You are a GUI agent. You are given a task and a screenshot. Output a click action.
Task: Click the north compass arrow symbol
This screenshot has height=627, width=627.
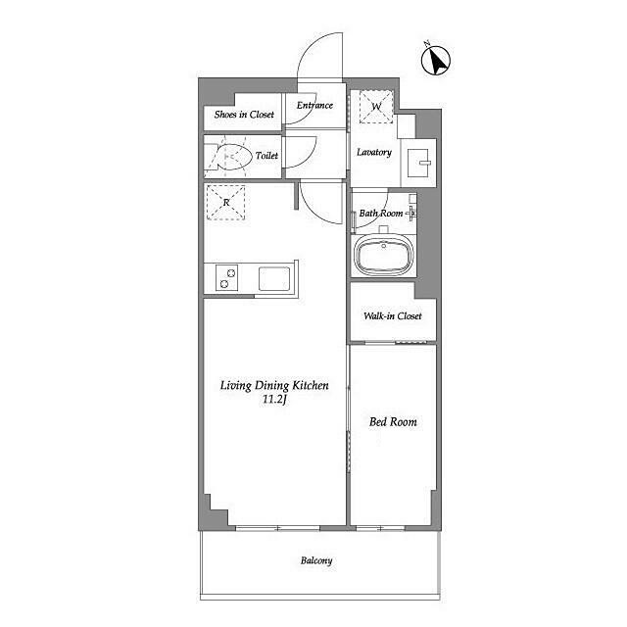click(436, 61)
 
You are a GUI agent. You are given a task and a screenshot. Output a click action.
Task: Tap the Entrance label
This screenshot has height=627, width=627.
click(314, 105)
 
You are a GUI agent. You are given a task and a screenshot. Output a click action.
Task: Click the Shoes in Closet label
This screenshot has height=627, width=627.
click(244, 115)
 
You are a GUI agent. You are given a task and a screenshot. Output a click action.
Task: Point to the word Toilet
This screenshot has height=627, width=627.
click(266, 155)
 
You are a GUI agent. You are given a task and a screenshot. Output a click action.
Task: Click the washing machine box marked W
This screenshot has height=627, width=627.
click(376, 107)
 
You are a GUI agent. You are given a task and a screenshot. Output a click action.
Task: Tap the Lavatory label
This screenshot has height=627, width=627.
click(374, 152)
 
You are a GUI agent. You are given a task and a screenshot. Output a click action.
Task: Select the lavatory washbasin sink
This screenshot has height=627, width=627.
click(418, 164)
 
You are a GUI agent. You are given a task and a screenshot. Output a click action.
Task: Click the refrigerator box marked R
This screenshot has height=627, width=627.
click(226, 203)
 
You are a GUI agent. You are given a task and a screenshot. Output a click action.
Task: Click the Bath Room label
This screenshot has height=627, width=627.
click(381, 214)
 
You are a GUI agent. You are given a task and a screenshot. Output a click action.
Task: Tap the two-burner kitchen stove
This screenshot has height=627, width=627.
click(226, 277)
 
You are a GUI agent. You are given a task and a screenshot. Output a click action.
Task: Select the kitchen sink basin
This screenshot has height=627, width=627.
click(274, 278)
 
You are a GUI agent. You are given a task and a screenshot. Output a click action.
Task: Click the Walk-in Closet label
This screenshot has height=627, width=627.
click(393, 315)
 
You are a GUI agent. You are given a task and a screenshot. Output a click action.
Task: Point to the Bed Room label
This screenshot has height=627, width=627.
click(393, 422)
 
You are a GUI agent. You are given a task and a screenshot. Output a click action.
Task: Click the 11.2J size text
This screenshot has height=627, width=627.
click(274, 399)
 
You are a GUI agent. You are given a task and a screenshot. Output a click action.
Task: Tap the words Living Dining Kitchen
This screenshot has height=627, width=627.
click(274, 385)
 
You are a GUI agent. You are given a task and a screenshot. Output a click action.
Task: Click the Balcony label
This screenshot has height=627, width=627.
click(316, 560)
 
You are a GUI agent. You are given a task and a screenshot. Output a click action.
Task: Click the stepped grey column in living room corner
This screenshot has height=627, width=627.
click(214, 512)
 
